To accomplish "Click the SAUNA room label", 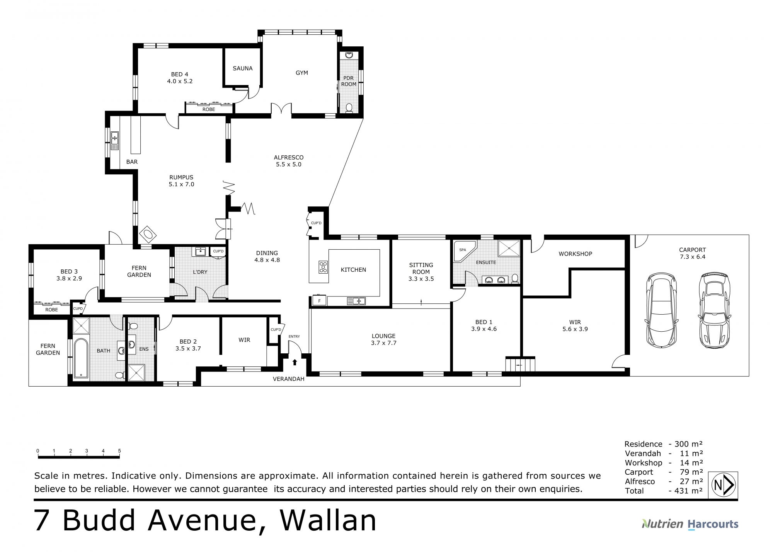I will point(243,68).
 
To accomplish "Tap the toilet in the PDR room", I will point(349,107).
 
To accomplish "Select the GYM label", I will point(302,73).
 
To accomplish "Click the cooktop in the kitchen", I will point(323,267).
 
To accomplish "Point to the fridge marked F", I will point(319,301).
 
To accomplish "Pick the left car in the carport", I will point(662,310).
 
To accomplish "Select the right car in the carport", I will point(715,310).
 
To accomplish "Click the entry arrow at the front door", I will point(295,362).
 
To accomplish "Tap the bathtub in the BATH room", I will point(81,358).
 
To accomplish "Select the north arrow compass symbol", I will point(723,485).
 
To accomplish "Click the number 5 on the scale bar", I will point(119,451).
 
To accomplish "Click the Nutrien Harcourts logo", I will point(690,524).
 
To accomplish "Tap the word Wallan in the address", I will point(328,520).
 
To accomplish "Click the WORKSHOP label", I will point(575,254).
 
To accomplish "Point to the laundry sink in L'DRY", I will point(201,252).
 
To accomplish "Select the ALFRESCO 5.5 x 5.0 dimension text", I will point(288,164).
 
